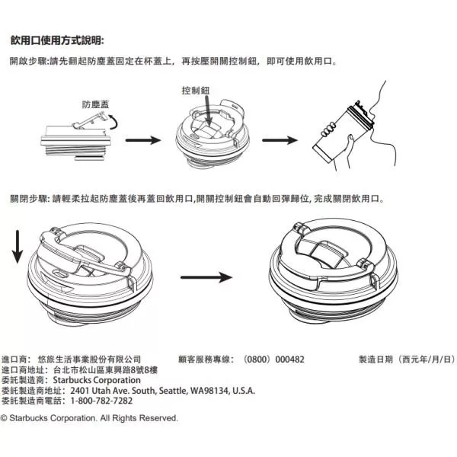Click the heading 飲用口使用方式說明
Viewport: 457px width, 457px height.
(57, 40)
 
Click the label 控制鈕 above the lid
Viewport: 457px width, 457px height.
(196, 90)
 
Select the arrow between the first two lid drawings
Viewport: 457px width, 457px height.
(142, 140)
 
